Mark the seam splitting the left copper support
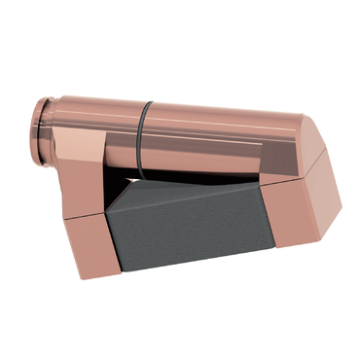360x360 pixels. coord(88,216)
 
